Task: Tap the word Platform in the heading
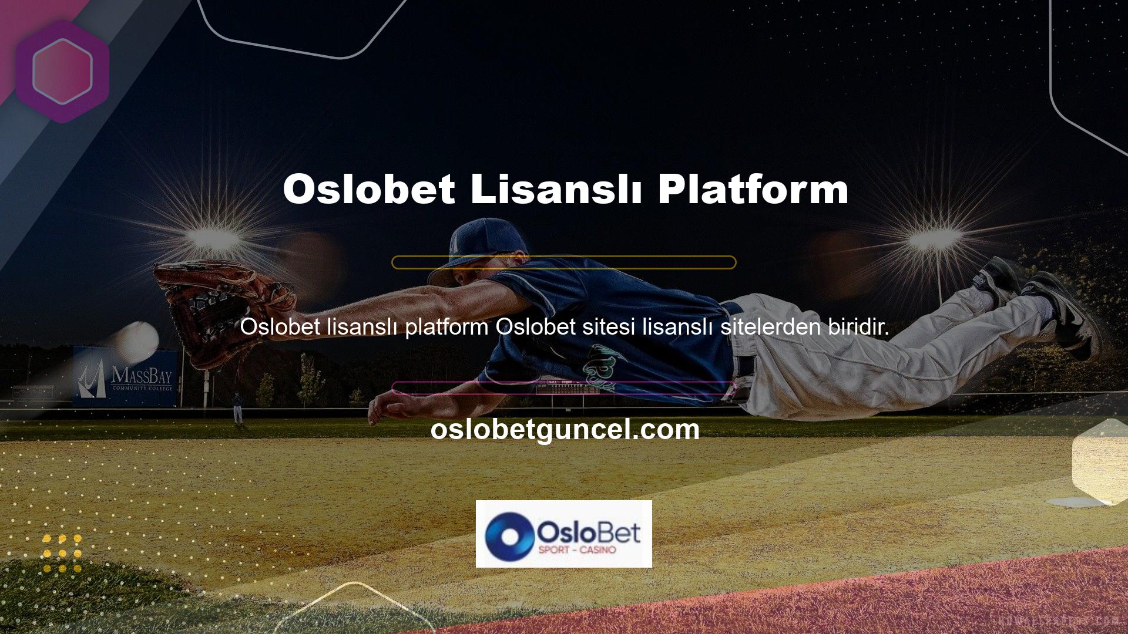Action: pos(753,189)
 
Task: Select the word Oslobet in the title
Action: pos(369,189)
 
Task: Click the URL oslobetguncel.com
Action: pos(565,429)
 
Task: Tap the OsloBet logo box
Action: pos(564,534)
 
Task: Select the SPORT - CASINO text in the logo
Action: pos(577,550)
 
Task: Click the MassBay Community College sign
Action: pos(125,376)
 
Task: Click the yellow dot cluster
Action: pos(62,553)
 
